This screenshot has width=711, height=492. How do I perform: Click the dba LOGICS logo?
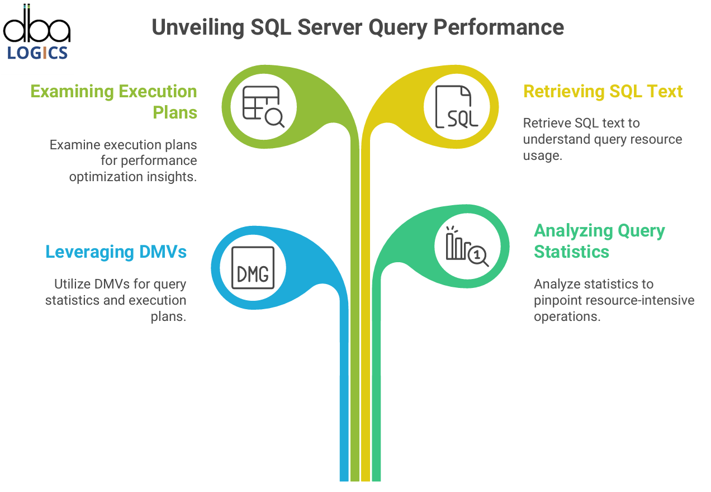pyautogui.click(x=37, y=32)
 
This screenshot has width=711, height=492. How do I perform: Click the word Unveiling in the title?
pyautogui.click(x=198, y=27)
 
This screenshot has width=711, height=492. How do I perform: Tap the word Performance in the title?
pyautogui.click(x=499, y=27)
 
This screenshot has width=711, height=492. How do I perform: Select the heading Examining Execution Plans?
pyautogui.click(x=113, y=102)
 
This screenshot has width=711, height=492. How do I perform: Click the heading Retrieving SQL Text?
pyautogui.click(x=603, y=92)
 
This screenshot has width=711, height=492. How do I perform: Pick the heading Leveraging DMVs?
pyautogui.click(x=116, y=252)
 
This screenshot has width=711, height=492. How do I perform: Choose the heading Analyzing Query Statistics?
pyautogui.click(x=599, y=241)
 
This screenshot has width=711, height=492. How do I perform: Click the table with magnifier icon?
pyautogui.click(x=263, y=107)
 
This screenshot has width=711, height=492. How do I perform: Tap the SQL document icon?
pyautogui.click(x=457, y=107)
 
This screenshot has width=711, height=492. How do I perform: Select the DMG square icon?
pyautogui.click(x=253, y=268)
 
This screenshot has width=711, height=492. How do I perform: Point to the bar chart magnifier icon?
pyautogui.click(x=467, y=247)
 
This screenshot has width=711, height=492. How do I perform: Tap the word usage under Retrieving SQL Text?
pyautogui.click(x=542, y=155)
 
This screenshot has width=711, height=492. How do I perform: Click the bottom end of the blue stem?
pyautogui.click(x=344, y=481)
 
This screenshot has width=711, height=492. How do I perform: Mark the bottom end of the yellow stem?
pyautogui.click(x=366, y=481)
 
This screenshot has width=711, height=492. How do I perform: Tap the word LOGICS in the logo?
pyautogui.click(x=37, y=53)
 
